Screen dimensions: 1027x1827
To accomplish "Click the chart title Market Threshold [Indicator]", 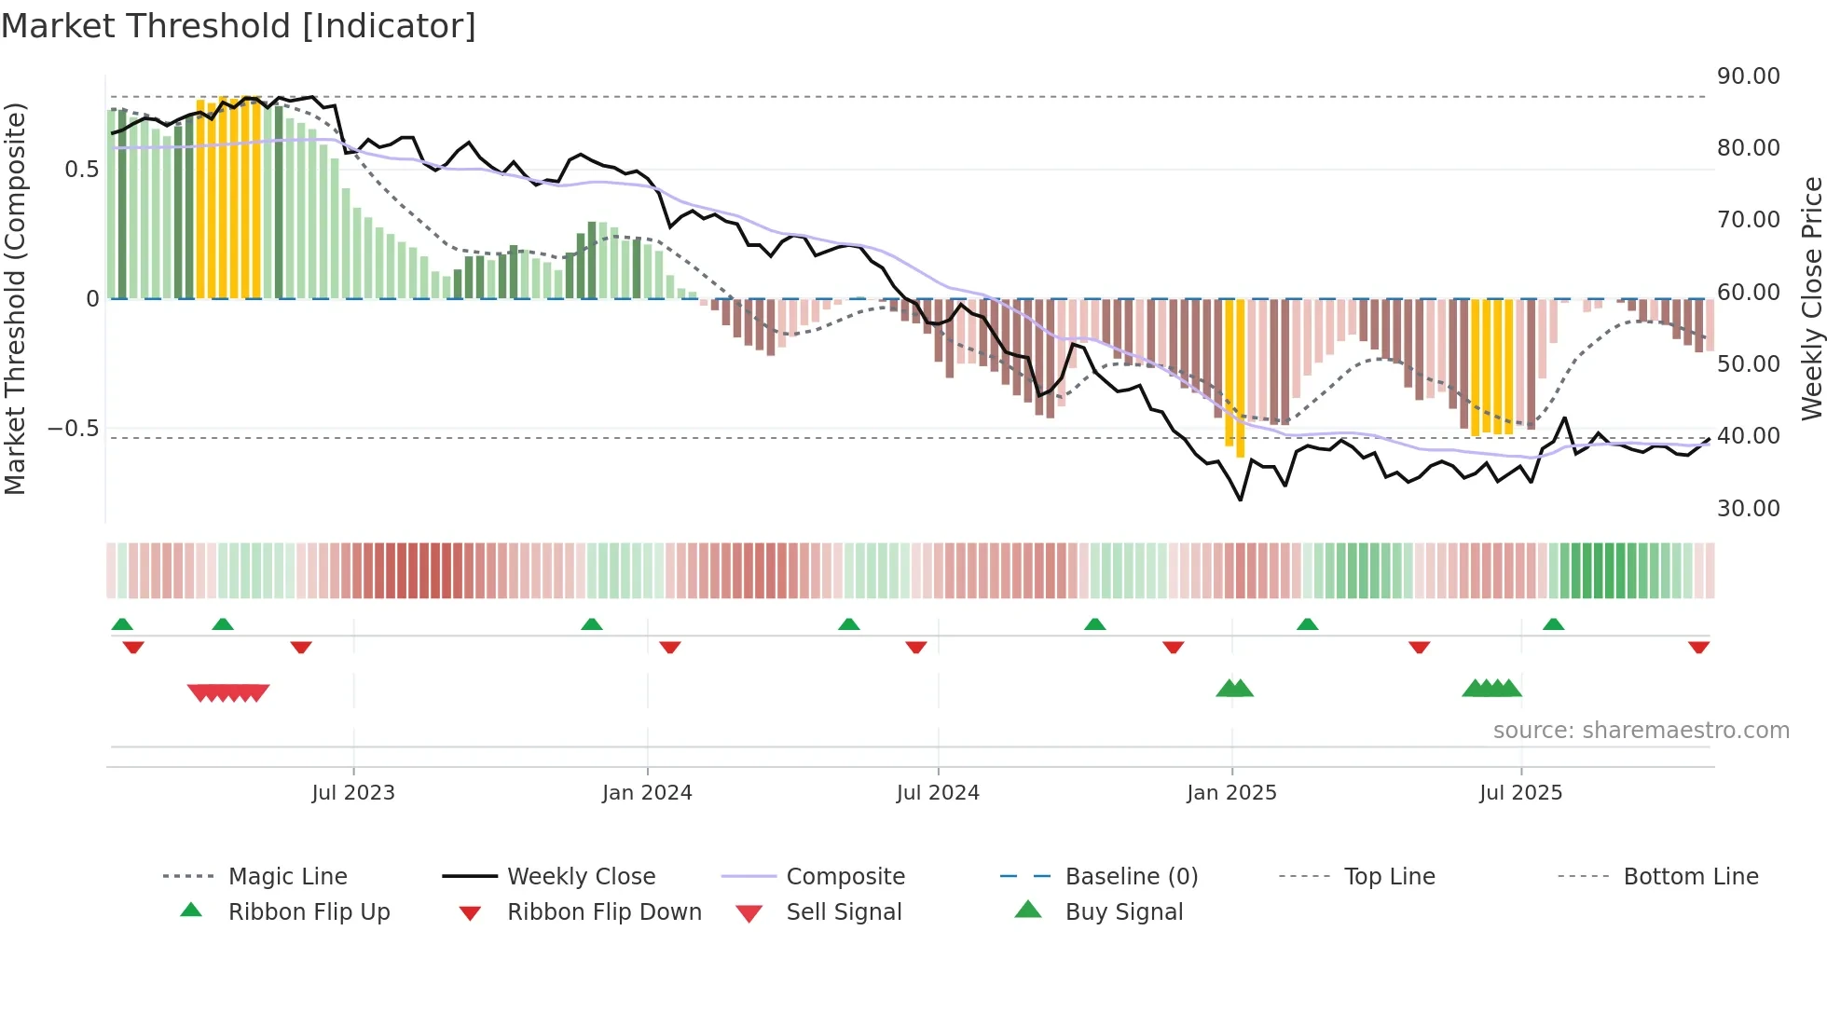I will (239, 26).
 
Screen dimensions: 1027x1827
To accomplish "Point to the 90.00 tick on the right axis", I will (1748, 76).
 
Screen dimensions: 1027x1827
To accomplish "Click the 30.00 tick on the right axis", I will (1748, 509).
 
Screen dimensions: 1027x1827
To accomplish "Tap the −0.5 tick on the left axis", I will (73, 429).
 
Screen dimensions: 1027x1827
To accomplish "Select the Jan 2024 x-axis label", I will (647, 793).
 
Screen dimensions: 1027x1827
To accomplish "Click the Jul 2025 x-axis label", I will (1520, 793).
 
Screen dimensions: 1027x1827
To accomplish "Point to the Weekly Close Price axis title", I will (1811, 298).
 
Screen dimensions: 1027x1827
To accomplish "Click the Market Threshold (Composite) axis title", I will (15, 298).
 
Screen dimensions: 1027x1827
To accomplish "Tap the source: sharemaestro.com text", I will (1641, 731).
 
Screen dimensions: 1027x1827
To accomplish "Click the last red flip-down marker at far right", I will (1698, 647).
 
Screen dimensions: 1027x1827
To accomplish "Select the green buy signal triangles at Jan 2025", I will (1235, 689).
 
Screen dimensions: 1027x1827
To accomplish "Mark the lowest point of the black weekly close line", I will (1241, 500).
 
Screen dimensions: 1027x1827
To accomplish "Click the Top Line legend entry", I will (1389, 877).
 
